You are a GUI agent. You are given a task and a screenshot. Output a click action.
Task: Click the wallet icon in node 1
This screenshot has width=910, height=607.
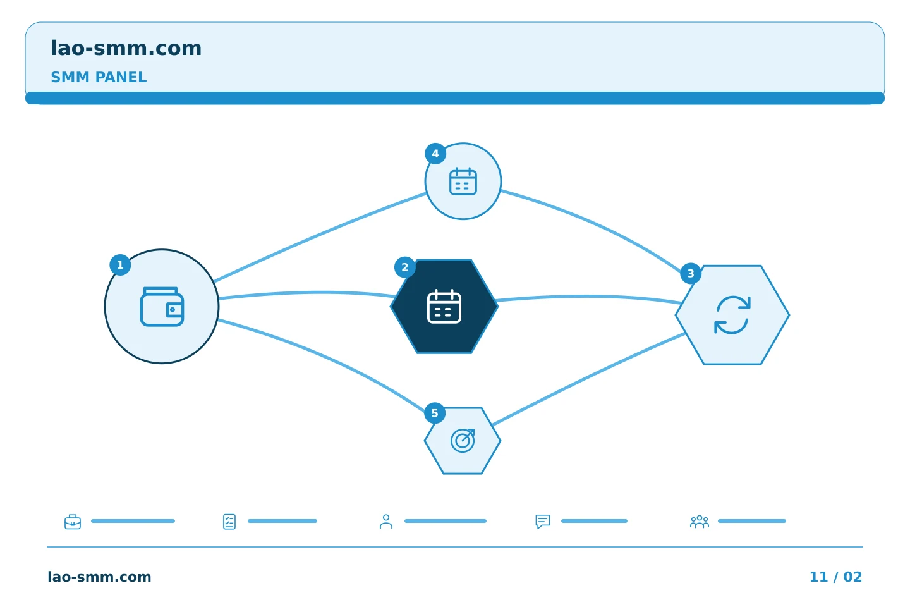tap(162, 307)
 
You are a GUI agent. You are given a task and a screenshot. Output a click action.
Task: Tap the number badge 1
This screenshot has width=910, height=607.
tap(120, 265)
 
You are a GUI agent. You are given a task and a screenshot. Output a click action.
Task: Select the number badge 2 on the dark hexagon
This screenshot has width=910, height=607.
tap(404, 267)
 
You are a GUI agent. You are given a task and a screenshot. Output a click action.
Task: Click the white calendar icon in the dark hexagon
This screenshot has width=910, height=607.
tap(444, 306)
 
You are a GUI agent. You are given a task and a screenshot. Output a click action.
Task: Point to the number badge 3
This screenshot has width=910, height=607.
tap(691, 273)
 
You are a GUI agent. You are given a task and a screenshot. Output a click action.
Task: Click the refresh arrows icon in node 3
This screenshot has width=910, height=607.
tap(732, 315)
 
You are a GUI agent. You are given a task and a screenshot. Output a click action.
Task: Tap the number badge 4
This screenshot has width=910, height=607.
tap(435, 154)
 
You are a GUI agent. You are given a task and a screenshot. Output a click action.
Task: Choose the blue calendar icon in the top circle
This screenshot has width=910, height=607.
tap(463, 181)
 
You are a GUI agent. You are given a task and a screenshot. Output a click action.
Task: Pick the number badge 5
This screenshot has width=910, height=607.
tap(435, 413)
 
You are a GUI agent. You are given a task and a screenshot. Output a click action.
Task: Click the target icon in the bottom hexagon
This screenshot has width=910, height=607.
tap(463, 440)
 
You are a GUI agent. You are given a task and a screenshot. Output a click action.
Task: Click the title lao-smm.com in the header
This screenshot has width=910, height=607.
tap(126, 49)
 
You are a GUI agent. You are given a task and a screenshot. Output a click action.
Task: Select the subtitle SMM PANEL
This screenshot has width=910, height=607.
tap(99, 77)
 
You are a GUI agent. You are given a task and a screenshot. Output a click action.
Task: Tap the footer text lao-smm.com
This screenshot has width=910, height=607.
tap(100, 577)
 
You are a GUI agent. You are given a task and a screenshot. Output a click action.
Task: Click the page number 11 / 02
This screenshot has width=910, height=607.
tap(835, 577)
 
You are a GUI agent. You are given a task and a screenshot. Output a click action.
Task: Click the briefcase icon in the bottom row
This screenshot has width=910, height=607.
tap(73, 522)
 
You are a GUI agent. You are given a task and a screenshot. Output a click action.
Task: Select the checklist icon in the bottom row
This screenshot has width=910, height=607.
tap(229, 522)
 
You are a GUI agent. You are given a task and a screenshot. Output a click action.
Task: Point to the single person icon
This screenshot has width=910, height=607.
tap(386, 522)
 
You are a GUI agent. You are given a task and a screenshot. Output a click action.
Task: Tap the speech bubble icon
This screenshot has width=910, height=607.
tap(543, 522)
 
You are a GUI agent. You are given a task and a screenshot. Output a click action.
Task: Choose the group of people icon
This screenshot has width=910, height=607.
tap(700, 522)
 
